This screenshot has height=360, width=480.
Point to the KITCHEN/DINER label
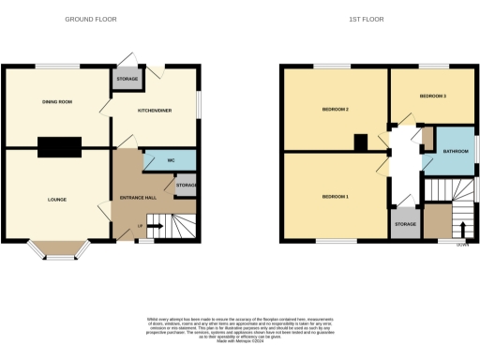click(x=156, y=111)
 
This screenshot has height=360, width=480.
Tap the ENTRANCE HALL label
click(x=130, y=198)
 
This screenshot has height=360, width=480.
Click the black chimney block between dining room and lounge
click(x=59, y=145)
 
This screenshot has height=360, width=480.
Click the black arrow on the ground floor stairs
click(x=157, y=226)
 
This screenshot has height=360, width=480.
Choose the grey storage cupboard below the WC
click(x=186, y=186)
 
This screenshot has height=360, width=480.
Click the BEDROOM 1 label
click(x=335, y=197)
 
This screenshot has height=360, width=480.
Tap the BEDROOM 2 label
click(x=335, y=110)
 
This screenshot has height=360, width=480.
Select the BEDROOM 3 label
click(x=432, y=97)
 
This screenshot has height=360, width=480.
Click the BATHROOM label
click(x=456, y=151)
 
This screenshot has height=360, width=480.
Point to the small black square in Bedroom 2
click(x=361, y=142)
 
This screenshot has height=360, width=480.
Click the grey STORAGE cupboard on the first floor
click(x=404, y=223)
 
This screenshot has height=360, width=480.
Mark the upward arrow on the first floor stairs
click(x=462, y=229)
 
